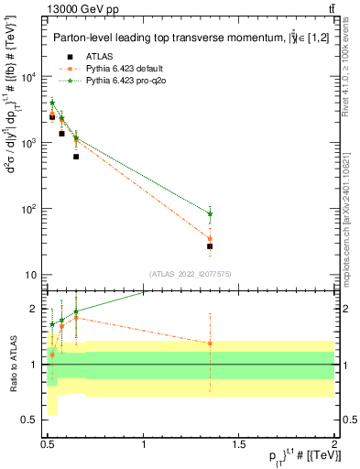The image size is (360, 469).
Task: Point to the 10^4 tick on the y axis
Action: (30, 77)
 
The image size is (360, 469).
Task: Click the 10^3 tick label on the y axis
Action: (30, 143)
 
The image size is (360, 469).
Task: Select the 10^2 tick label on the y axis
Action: (30, 209)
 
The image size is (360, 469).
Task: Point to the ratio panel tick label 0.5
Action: (30, 420)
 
